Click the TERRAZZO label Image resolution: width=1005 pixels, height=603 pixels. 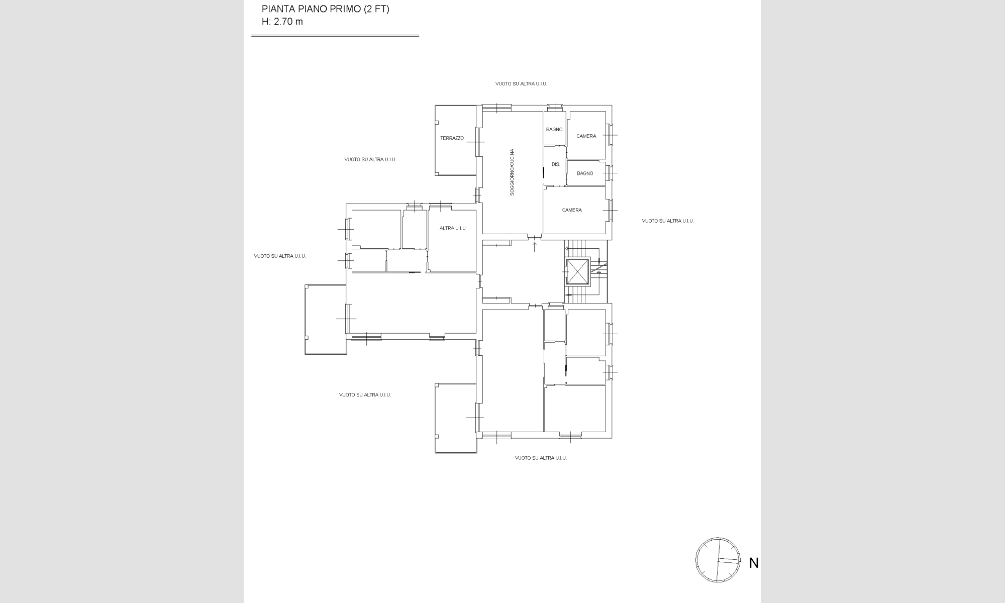coord(452,138)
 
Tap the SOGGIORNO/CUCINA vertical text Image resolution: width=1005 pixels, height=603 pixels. coord(512,172)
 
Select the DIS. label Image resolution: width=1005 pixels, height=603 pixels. coord(556,164)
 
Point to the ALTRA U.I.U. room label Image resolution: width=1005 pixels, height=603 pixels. coord(453,228)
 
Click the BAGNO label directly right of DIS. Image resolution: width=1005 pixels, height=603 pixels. coord(585,173)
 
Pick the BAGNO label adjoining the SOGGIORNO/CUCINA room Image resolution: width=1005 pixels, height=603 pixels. coord(554,130)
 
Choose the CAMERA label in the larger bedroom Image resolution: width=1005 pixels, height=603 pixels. coord(572,210)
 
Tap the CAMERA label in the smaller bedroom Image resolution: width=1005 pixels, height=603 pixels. coord(586,136)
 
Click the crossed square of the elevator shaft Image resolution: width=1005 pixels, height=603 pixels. coord(577,272)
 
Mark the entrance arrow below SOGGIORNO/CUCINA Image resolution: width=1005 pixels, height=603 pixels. coord(535,247)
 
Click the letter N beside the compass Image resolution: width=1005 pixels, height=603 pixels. coord(754,563)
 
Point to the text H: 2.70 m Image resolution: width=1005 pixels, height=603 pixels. coord(282,22)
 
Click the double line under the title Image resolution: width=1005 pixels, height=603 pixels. coord(335,36)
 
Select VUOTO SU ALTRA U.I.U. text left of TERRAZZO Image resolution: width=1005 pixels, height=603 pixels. coord(370,159)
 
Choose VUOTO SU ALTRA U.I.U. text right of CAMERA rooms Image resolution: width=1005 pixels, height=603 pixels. coord(668,221)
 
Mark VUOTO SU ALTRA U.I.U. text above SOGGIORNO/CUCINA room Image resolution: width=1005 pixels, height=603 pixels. coord(521,84)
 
